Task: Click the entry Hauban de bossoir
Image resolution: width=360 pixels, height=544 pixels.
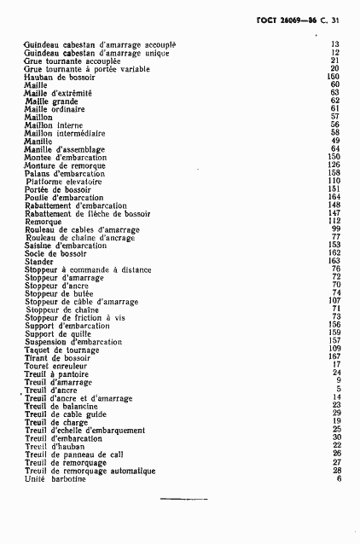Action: pyautogui.click(x=59, y=77)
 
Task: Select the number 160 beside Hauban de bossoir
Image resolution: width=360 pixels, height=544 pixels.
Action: pyautogui.click(x=334, y=77)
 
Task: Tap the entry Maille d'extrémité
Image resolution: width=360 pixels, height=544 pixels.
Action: pyautogui.click(x=57, y=93)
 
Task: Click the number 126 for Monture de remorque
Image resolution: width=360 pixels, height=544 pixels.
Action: pyautogui.click(x=334, y=165)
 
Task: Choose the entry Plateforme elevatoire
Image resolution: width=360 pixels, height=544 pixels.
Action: pyautogui.click(x=63, y=182)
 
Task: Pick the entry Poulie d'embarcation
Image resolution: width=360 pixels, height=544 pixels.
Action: pyautogui.click(x=65, y=198)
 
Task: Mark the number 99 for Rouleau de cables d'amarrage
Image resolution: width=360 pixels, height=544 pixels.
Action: pyautogui.click(x=336, y=229)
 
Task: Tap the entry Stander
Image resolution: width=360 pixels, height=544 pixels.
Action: pyautogui.click(x=40, y=261)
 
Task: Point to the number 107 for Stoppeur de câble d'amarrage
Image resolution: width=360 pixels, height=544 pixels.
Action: pyautogui.click(x=334, y=301)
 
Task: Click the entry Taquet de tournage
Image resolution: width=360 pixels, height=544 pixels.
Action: pyautogui.click(x=62, y=349)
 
